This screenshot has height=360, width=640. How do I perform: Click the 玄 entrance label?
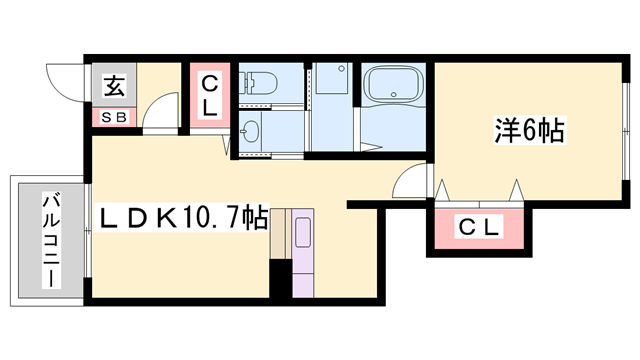pos(113,87)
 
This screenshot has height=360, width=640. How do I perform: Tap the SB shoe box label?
pos(113,117)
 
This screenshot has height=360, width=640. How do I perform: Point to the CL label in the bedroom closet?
pos(479,228)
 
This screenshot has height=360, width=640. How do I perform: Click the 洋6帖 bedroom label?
pos(529,130)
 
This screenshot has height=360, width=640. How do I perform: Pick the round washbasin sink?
pos(251,133)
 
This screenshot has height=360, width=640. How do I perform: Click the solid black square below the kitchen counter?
pos(280,278)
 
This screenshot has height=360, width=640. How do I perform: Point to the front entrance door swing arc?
pos(62,80)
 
